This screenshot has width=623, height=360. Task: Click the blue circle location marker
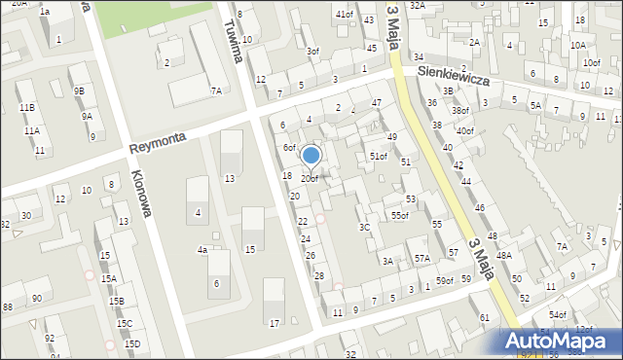311,155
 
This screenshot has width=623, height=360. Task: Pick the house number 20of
309,179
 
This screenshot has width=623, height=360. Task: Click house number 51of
378,157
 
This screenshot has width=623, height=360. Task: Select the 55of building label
400,215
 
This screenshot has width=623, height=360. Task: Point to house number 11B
26,107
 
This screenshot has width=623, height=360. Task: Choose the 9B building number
79,91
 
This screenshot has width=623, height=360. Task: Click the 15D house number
131,343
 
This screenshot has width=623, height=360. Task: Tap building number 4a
202,250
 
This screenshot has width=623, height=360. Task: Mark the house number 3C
364,227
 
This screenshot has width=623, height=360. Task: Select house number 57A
421,259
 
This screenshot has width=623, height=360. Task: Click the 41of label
344,15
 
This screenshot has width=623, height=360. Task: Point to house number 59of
445,281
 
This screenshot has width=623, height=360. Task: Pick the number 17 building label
275,323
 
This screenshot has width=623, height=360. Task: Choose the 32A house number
417,5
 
